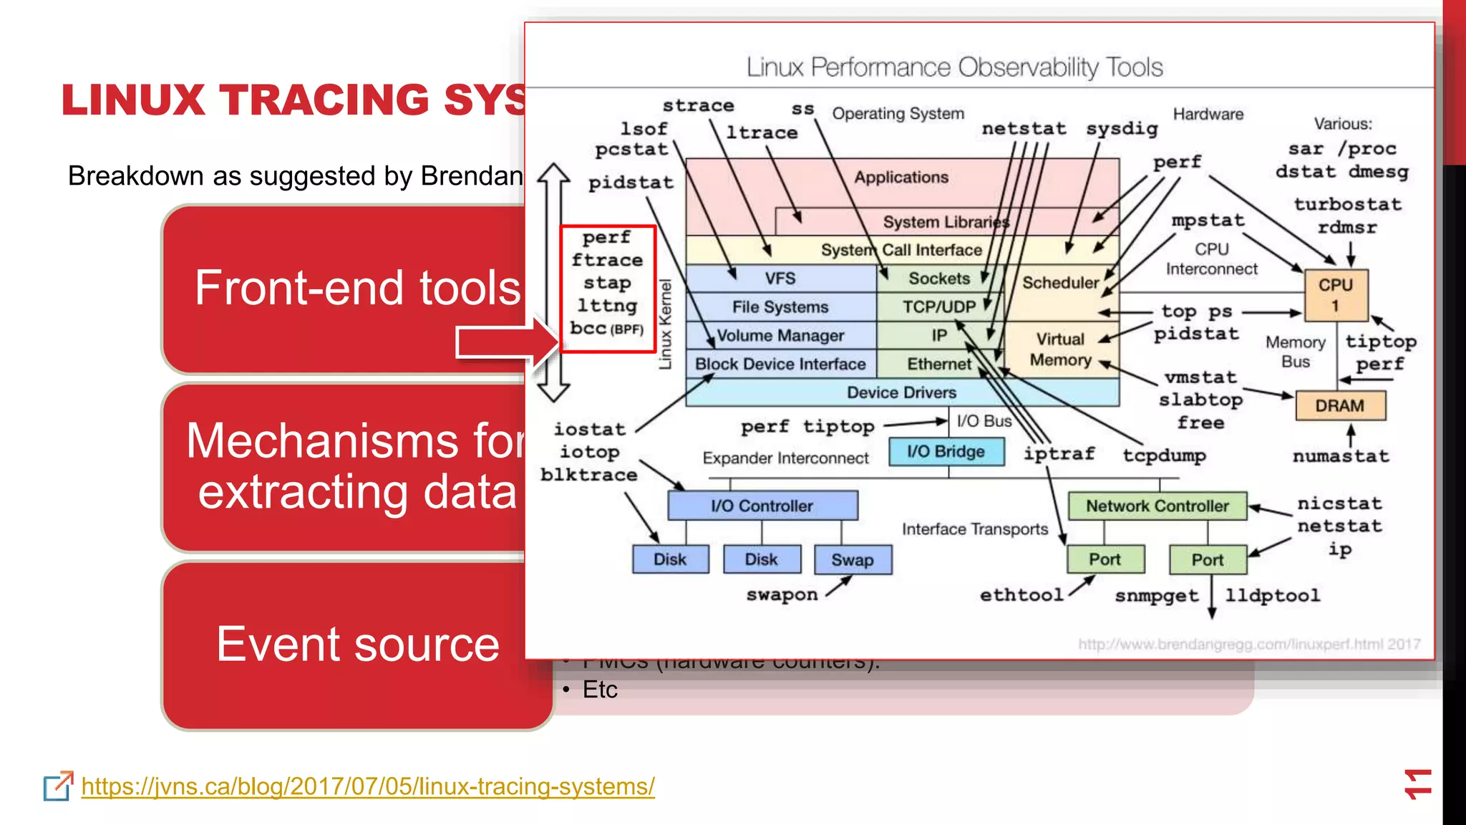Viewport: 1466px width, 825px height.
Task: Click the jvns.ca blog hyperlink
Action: (x=368, y=786)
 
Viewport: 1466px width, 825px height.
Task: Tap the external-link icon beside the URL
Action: (x=58, y=786)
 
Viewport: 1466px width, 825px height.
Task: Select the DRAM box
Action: (x=1340, y=406)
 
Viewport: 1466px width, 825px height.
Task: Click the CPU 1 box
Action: (x=1335, y=294)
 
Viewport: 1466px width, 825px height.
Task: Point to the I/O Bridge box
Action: (x=946, y=452)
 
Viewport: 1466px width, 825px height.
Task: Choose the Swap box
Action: (x=853, y=559)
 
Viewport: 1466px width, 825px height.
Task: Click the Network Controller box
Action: (x=1157, y=506)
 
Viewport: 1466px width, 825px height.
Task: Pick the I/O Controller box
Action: (x=762, y=506)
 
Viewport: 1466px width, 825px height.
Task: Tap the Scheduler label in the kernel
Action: (x=1060, y=283)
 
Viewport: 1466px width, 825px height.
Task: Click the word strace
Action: (x=698, y=106)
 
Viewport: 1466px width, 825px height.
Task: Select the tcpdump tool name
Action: (x=1164, y=455)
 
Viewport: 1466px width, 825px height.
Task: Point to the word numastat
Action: (x=1341, y=456)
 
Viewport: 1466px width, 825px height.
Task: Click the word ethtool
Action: (x=1021, y=595)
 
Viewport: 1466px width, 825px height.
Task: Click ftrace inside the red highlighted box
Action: (x=607, y=260)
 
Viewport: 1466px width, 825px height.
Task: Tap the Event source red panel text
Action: (x=357, y=644)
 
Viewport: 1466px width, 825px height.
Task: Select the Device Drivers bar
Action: (x=901, y=392)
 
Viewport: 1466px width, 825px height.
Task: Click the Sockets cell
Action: (x=938, y=279)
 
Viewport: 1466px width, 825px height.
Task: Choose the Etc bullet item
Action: (x=599, y=690)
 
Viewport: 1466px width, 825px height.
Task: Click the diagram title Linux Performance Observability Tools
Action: (x=954, y=67)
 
